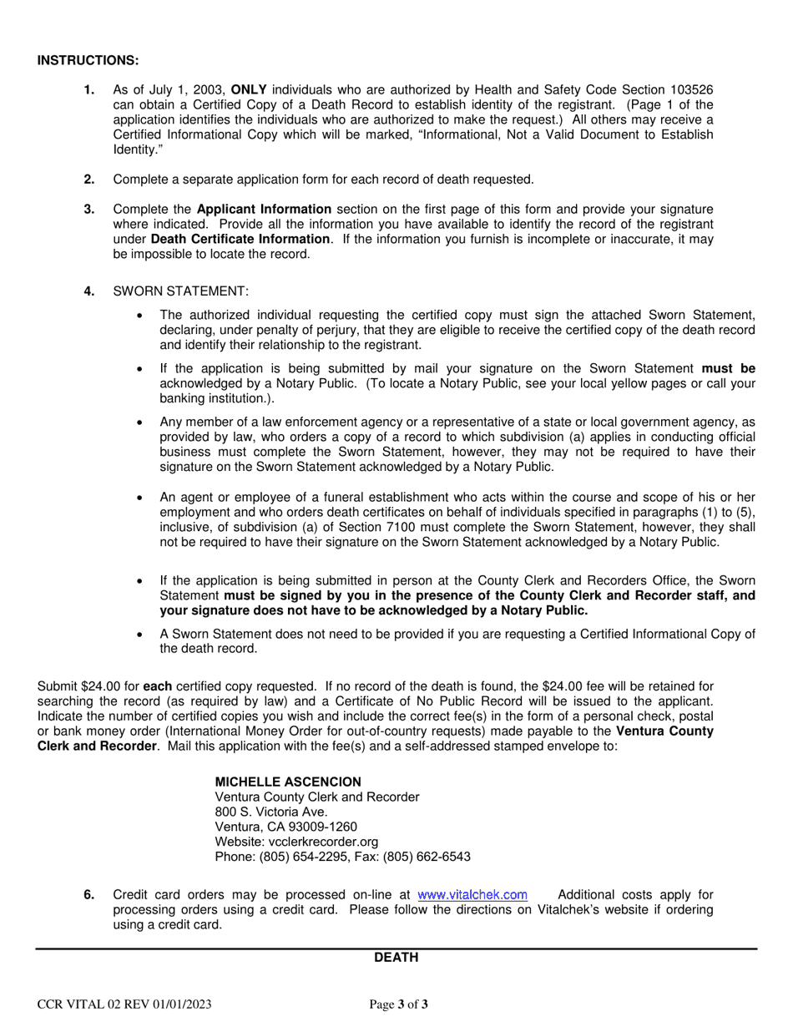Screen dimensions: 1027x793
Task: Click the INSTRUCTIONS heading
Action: pos(88,61)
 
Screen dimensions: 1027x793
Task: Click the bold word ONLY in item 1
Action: pos(250,90)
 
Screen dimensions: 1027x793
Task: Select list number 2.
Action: pos(89,179)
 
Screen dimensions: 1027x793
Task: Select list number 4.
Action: pos(89,291)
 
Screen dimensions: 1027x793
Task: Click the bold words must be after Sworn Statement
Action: pos(729,368)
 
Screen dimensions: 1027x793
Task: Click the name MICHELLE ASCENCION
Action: pos(288,782)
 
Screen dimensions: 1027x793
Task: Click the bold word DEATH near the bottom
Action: pos(396,958)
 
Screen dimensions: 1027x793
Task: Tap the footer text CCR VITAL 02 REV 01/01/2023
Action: pos(124,1004)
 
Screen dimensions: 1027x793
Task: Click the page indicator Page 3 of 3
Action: pos(399,1004)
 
